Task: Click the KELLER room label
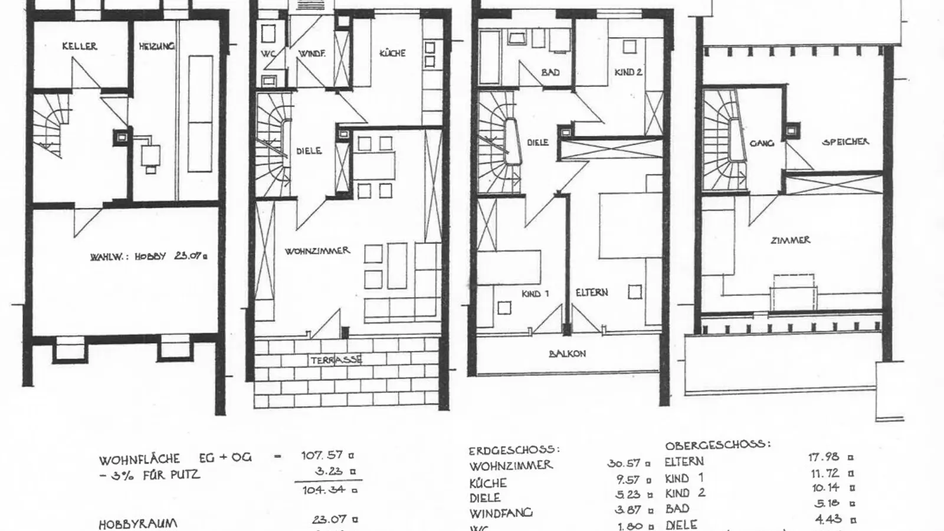pos(79,46)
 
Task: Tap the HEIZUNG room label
pos(156,46)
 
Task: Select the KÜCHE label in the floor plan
pos(392,53)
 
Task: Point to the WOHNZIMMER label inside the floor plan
pos(317,251)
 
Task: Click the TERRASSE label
pos(336,359)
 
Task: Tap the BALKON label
pos(567,353)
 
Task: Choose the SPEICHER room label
pos(845,142)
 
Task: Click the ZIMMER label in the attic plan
pos(790,240)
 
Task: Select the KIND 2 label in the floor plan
pos(628,72)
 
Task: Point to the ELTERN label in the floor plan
pos(591,293)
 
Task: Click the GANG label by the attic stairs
pos(761,143)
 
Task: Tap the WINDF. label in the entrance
pos(312,54)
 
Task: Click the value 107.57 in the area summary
pos(322,455)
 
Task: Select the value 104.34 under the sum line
pos(322,490)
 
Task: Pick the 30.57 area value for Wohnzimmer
pos(624,464)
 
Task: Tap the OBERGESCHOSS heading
pos(717,444)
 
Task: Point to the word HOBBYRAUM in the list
pos(137,524)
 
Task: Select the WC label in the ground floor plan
pos(268,54)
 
